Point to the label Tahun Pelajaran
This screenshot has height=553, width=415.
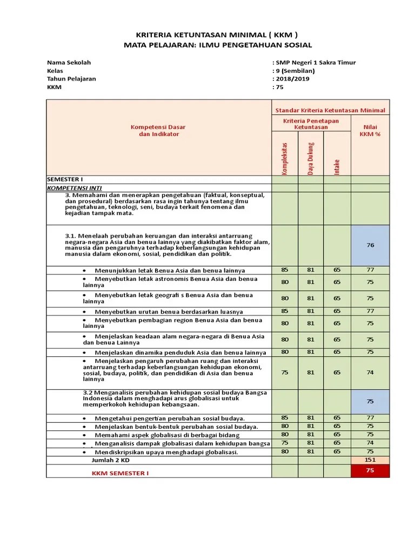[x=71, y=78]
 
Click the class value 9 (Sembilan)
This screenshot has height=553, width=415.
[x=295, y=70]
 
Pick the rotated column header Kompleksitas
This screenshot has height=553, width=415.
[x=285, y=158]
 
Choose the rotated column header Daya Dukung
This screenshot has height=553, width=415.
[x=311, y=158]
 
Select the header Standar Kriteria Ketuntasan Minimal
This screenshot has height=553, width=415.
[x=330, y=110]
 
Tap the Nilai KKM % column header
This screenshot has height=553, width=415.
[x=370, y=131]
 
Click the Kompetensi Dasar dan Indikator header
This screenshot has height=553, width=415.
[x=158, y=131]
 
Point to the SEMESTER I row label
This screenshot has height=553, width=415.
[x=65, y=179]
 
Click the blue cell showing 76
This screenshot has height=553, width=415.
[x=370, y=245]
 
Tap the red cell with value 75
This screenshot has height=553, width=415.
[x=370, y=471]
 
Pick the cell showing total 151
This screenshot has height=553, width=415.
[x=370, y=460]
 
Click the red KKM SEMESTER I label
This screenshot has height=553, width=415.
[x=120, y=473]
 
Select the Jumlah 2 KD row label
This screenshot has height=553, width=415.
[x=112, y=460]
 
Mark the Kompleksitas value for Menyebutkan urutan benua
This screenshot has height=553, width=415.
[x=285, y=311]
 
